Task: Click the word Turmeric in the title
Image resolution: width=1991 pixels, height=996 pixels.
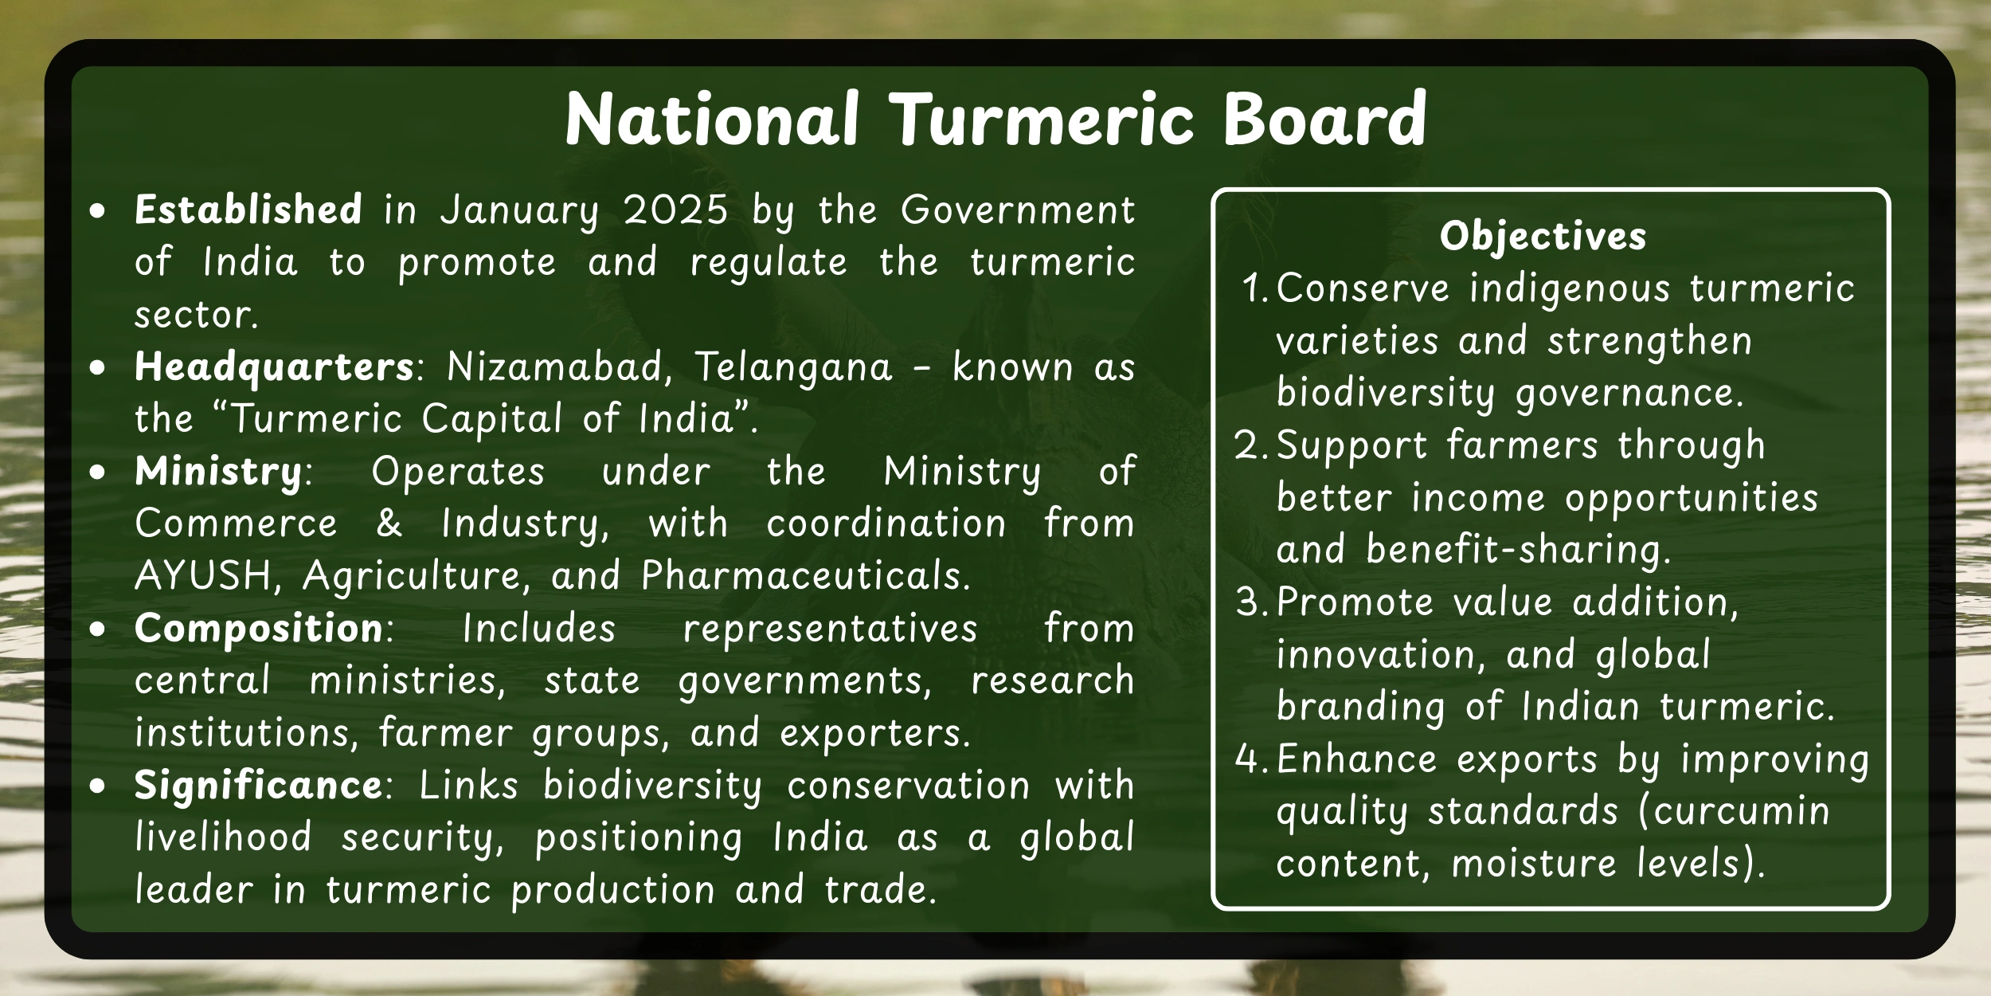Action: click(x=1042, y=120)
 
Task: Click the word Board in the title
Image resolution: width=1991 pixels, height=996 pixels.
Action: click(x=1324, y=120)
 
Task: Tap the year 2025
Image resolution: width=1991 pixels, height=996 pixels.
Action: click(x=675, y=210)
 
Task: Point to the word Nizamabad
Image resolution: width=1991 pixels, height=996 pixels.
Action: click(x=554, y=367)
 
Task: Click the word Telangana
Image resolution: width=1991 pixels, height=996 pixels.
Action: click(x=793, y=367)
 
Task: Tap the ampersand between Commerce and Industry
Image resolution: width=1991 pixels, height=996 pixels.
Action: click(x=389, y=523)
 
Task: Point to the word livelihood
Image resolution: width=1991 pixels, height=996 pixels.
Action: click(x=223, y=837)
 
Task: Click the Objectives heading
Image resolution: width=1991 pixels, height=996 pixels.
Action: click(x=1543, y=237)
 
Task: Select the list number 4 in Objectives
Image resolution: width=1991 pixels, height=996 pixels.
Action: click(x=1247, y=759)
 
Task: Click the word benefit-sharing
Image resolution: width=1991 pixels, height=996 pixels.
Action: click(x=1518, y=550)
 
